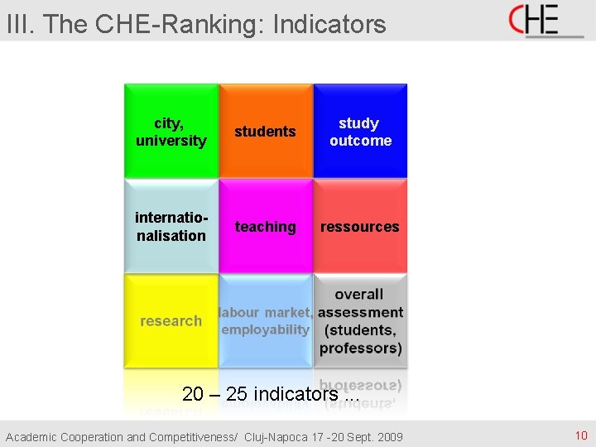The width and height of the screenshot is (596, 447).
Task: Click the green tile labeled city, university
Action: [x=171, y=131]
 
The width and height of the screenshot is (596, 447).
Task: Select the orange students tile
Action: [x=266, y=131]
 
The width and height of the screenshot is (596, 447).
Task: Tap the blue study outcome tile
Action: [x=360, y=131]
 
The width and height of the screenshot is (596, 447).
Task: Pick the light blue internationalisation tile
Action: [x=171, y=226]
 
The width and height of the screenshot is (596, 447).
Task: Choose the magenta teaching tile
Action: [x=266, y=226]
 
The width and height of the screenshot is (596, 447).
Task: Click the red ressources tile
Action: [x=360, y=226]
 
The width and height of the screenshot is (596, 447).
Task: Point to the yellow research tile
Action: [x=171, y=320]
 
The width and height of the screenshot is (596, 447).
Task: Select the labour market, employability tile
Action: [x=266, y=320]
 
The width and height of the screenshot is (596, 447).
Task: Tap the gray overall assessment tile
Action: [x=360, y=320]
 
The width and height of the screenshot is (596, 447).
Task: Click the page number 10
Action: [x=580, y=435]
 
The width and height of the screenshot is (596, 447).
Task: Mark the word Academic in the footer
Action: [x=31, y=436]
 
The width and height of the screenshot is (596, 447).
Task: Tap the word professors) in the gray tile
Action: [x=361, y=348]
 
